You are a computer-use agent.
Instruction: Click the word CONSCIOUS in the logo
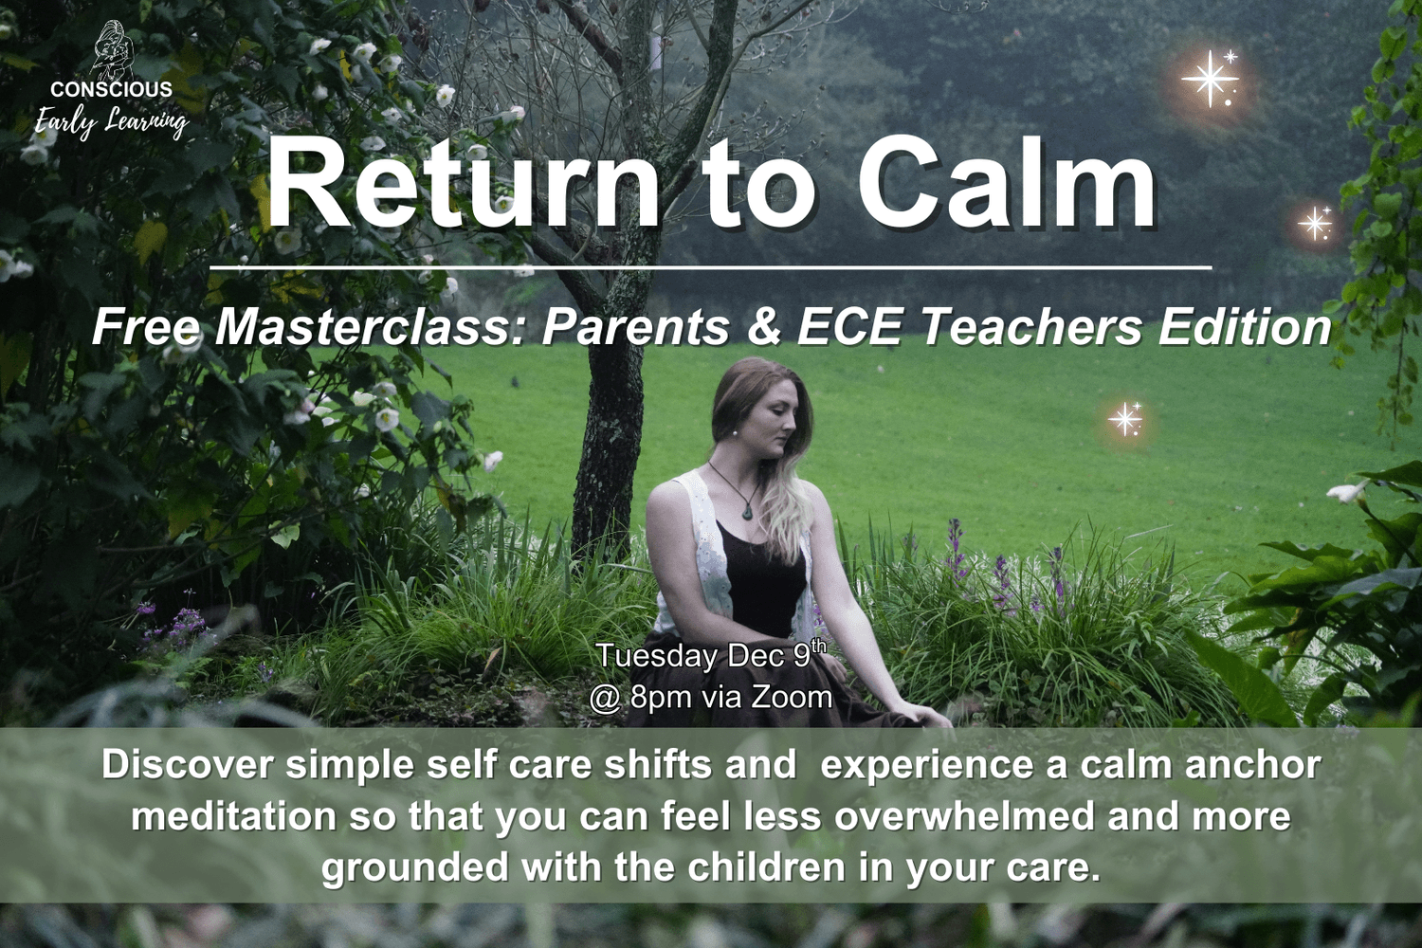tap(111, 89)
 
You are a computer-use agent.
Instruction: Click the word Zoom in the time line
tap(790, 697)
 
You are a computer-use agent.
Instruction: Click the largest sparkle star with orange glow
tap(1209, 79)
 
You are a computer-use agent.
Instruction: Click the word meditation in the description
tap(233, 817)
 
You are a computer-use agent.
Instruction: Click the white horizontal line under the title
tap(710, 268)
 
